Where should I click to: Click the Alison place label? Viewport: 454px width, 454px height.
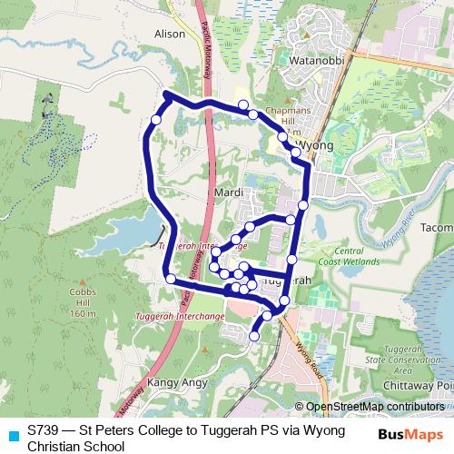170,34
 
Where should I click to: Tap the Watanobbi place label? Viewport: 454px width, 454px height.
313,61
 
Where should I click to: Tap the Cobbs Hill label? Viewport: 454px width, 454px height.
82,302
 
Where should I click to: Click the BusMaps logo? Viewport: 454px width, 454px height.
410,434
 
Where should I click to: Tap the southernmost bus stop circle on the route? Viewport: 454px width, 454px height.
253,336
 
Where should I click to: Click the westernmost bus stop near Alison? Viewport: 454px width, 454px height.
155,120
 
